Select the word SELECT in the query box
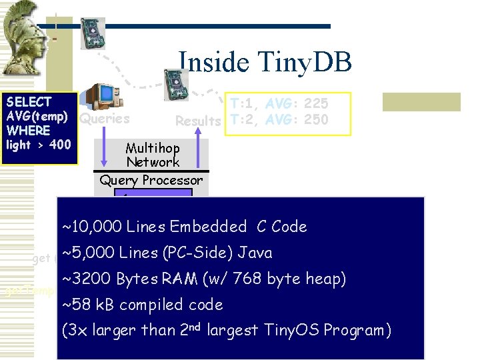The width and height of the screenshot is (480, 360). [x=29, y=102]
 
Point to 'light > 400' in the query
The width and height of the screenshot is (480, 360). [x=38, y=145]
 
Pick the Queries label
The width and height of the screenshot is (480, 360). [x=105, y=119]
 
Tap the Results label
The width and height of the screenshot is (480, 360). [x=198, y=121]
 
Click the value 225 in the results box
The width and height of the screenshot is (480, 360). [x=316, y=104]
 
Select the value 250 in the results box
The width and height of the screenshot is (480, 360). [x=316, y=120]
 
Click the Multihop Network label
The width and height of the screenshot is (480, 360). [x=152, y=155]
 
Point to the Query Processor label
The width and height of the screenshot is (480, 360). [x=151, y=180]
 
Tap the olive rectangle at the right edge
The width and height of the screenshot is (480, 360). [x=421, y=101]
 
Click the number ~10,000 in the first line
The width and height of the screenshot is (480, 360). [x=91, y=227]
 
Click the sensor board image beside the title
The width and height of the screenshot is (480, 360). [x=177, y=85]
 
